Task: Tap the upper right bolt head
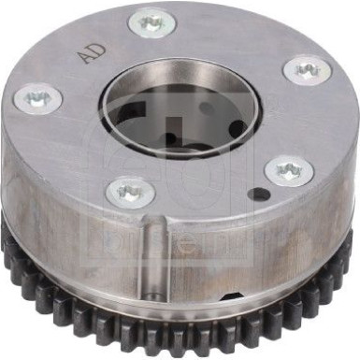(305, 69)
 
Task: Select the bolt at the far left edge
(37, 96)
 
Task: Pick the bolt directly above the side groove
(130, 193)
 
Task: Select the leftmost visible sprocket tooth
(7, 239)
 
